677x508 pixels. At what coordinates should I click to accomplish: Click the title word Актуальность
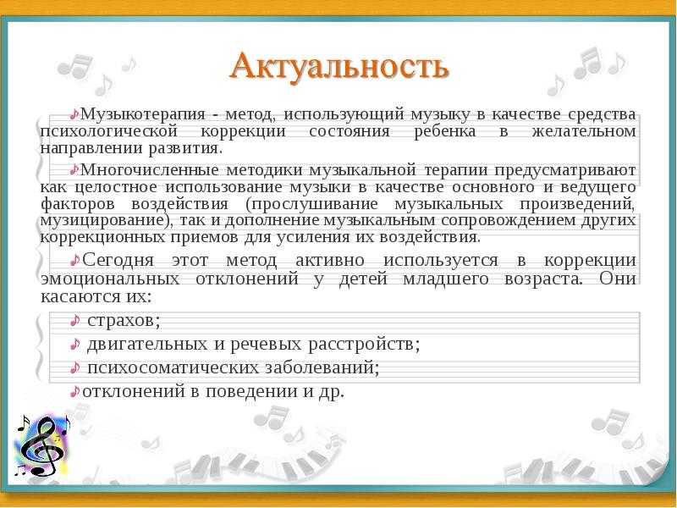click(x=339, y=67)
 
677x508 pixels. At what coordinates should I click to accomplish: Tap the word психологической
click(x=109, y=131)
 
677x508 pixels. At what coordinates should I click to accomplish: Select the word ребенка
click(x=445, y=131)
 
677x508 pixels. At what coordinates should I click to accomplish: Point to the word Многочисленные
click(x=150, y=170)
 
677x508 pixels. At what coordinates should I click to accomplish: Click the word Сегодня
click(x=118, y=261)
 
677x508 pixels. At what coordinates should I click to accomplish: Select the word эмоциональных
click(x=110, y=279)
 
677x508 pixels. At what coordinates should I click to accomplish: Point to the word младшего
click(x=446, y=279)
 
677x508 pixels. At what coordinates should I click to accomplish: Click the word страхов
click(x=121, y=321)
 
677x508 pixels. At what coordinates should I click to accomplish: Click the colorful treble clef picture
click(x=41, y=446)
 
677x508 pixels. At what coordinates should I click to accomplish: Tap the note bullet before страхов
click(x=74, y=321)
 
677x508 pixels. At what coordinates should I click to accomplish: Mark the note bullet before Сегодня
click(x=75, y=261)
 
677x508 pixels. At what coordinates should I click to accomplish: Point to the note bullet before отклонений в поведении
click(x=75, y=391)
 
